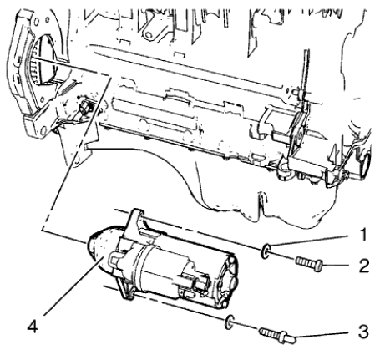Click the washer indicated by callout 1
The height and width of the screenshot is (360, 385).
pos(265,248)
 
